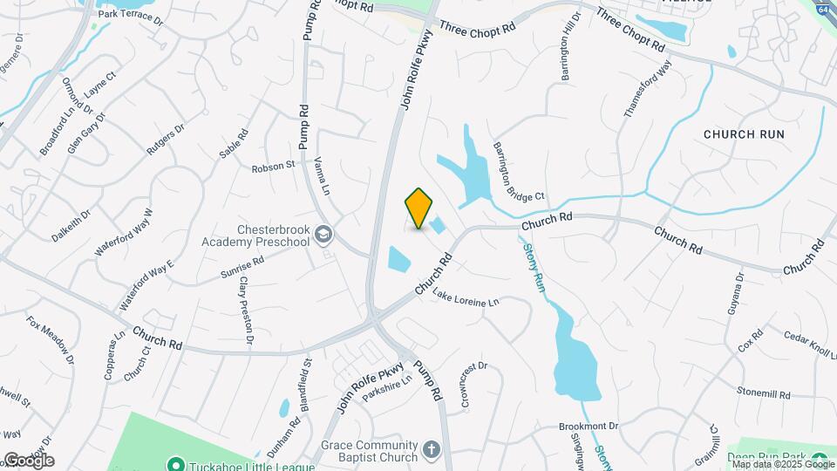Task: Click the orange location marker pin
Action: [419, 208]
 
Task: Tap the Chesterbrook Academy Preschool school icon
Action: [324, 234]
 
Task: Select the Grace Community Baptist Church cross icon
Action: [431, 450]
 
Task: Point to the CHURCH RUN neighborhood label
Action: [744, 134]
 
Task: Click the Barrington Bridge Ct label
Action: [518, 172]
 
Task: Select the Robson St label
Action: [275, 166]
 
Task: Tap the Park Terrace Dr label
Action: [131, 15]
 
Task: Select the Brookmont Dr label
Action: [589, 427]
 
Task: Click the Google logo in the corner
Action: [28, 461]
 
